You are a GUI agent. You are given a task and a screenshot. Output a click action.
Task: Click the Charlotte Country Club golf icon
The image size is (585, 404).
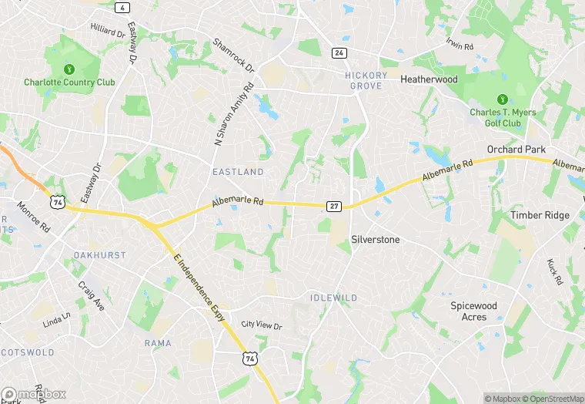[69, 67]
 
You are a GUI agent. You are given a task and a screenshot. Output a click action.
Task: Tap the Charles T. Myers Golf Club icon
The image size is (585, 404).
[502, 99]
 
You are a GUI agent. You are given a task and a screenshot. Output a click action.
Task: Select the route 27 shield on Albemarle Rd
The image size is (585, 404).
[334, 206]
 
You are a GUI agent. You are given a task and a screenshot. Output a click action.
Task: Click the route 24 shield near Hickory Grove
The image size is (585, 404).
[339, 52]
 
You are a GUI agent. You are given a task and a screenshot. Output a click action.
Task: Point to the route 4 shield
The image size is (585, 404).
[122, 7]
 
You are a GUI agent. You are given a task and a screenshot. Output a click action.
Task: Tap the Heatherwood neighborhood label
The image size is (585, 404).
[429, 79]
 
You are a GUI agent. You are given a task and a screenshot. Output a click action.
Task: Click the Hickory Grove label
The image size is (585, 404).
[366, 80]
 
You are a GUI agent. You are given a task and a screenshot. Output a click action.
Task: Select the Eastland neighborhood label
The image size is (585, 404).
[238, 172]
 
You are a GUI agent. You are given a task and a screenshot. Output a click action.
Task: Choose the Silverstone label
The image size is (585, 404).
[376, 240]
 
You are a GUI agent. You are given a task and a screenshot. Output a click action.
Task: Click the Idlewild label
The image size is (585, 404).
[334, 298]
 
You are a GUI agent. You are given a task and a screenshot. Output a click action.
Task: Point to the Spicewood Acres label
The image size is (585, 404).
[474, 311]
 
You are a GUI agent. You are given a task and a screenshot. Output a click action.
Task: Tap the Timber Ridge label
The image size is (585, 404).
[537, 216]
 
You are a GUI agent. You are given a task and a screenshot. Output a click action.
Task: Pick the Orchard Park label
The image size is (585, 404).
[516, 149]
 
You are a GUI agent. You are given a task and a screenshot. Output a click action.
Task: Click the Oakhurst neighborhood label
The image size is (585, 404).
[99, 254]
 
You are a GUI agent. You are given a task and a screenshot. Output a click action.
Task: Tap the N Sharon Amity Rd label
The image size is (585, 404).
[233, 116]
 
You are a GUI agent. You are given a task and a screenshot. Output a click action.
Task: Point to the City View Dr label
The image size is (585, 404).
[261, 325]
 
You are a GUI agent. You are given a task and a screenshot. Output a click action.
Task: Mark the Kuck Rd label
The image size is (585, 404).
[554, 271]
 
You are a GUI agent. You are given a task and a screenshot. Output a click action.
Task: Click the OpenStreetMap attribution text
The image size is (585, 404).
[553, 399]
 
